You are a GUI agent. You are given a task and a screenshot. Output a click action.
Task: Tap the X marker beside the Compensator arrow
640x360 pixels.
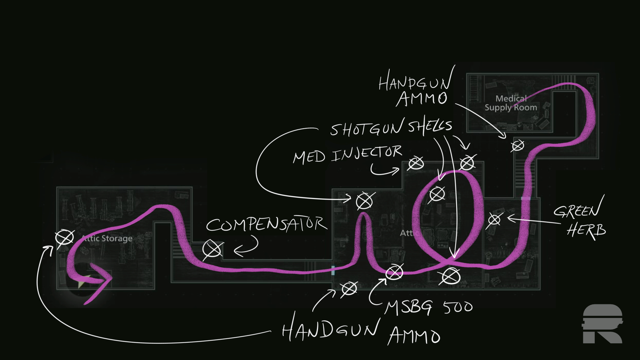(x=213, y=250)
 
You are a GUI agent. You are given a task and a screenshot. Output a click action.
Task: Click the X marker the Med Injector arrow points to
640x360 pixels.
(x=416, y=163)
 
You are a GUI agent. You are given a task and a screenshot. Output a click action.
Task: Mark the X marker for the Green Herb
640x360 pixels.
(x=494, y=220)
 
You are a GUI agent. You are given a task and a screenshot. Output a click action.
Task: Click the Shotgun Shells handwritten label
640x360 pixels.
(x=391, y=127)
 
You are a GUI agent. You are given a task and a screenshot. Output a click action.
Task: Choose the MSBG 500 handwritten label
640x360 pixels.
(x=428, y=307)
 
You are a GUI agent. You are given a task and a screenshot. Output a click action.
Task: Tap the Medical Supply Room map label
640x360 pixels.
(x=511, y=103)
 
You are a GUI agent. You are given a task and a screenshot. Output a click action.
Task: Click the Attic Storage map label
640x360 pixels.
(x=107, y=238)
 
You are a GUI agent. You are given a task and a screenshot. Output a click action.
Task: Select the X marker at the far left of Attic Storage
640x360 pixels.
(x=64, y=238)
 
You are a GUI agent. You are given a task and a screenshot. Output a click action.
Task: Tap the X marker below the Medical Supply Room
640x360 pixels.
(x=518, y=146)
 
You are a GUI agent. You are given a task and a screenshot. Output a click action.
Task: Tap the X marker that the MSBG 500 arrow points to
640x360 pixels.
(x=394, y=273)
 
